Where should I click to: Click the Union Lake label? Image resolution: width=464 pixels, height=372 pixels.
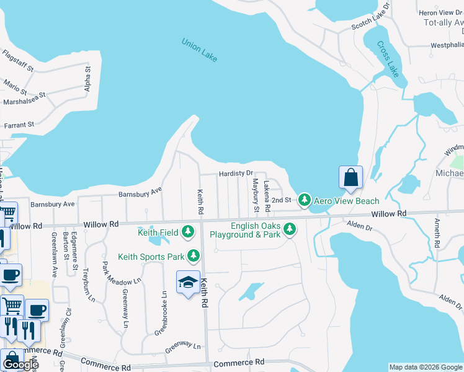click(199, 50)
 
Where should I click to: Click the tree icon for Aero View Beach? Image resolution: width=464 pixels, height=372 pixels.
click(304, 200)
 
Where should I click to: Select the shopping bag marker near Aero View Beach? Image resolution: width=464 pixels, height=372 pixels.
click(350, 177)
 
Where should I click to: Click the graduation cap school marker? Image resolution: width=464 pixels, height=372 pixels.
click(188, 283)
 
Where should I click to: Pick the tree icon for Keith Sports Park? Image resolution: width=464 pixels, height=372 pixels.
click(194, 255)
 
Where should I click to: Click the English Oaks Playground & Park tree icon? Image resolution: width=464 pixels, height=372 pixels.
click(289, 230)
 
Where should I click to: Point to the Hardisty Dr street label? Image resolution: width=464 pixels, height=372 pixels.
click(236, 174)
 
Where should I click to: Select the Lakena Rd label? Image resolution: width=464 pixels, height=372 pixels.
click(266, 193)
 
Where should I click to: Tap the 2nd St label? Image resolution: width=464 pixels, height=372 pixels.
click(281, 200)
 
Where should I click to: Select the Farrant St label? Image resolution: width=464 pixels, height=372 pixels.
click(19, 125)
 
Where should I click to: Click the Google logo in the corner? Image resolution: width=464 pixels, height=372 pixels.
click(20, 365)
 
